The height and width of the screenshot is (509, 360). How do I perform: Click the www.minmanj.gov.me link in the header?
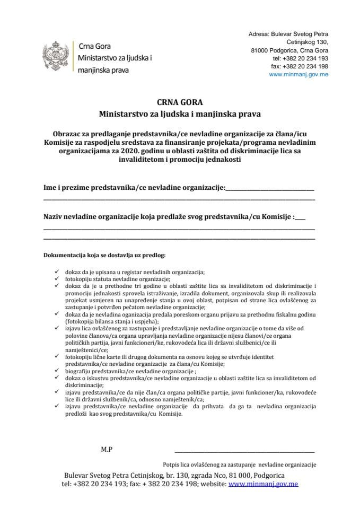pyautogui.click(x=298, y=75)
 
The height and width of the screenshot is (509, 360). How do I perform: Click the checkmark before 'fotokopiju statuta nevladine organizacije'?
pyautogui.click(x=57, y=278)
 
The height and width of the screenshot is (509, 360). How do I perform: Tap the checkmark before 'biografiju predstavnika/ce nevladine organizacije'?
pyautogui.click(x=57, y=372)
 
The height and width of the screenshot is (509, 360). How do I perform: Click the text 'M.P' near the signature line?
pyautogui.click(x=107, y=449)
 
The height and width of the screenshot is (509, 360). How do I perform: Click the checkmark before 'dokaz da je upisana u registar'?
pyautogui.click(x=57, y=272)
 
